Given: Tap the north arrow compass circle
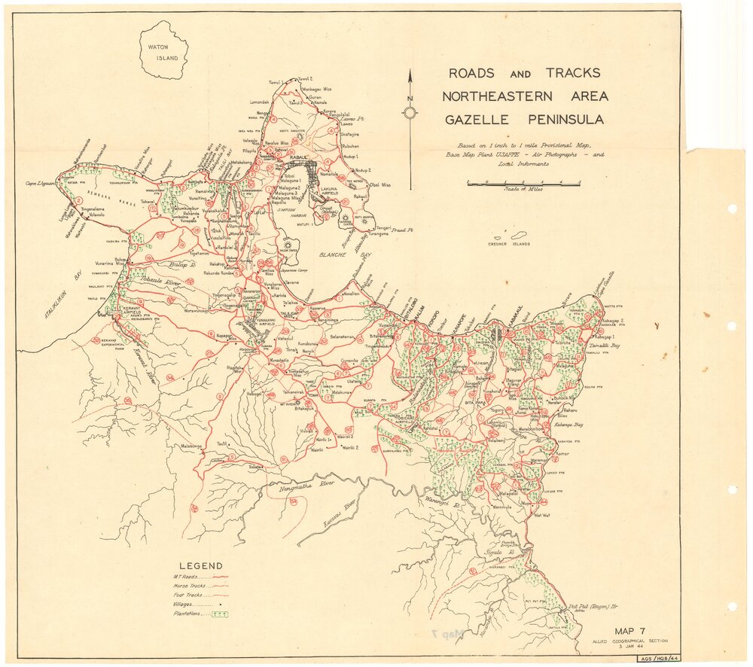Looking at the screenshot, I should pos(410,113).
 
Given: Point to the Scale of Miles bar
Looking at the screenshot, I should pos(523,183).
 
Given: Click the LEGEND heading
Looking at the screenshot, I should pos(200,566).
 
